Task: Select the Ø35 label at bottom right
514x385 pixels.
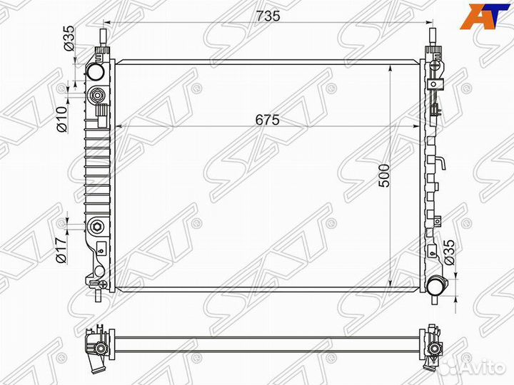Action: click(450, 253)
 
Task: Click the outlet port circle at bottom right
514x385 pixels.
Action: click(435, 285)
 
